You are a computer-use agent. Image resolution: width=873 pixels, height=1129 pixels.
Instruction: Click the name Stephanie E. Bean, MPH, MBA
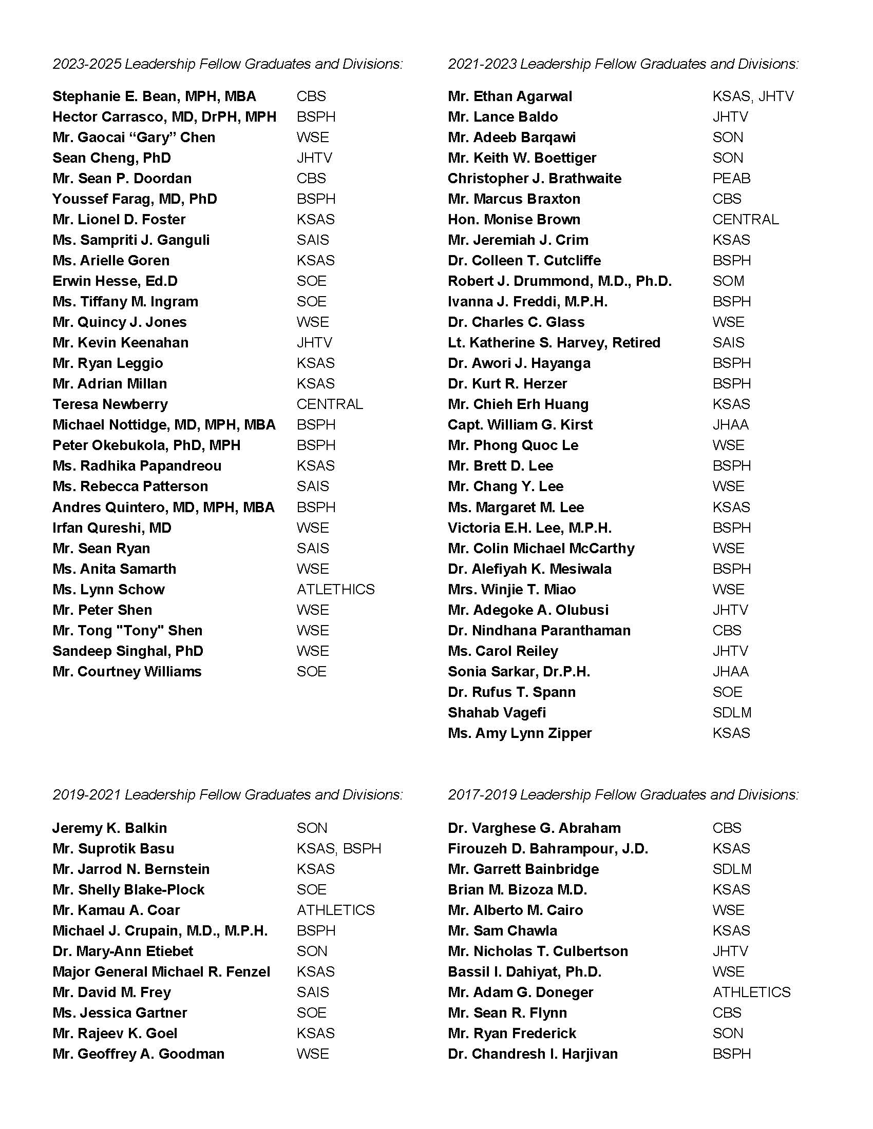[x=154, y=96]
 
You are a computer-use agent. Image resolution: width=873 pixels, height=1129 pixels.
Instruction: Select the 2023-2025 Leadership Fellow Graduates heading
[x=227, y=64]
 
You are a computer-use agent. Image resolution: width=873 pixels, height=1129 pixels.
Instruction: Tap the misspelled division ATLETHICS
[x=336, y=589]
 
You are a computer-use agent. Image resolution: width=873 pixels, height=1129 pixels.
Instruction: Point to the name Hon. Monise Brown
[x=514, y=220]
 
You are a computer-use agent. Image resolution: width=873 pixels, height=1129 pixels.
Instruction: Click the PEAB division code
[x=731, y=179]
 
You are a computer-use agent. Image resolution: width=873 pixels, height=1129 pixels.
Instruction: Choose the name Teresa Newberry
[x=110, y=404]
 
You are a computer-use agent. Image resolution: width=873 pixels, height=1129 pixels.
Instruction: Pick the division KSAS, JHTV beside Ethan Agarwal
[x=753, y=96]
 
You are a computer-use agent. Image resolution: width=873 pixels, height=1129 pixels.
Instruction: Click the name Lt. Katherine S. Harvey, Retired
[x=554, y=343]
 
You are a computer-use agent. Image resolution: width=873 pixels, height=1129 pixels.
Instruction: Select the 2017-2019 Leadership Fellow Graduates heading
[x=623, y=794]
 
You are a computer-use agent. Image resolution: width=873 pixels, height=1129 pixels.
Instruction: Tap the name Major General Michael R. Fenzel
[x=161, y=972]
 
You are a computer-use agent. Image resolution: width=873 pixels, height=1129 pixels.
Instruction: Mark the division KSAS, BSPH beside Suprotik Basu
[x=339, y=849]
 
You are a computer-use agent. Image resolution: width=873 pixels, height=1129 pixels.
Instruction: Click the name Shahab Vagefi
[x=497, y=713]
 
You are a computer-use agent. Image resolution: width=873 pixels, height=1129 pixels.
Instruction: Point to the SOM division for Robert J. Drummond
[x=728, y=281]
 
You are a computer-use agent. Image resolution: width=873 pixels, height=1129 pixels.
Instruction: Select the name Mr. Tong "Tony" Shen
[x=127, y=631]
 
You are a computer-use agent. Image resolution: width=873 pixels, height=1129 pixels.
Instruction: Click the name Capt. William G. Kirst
[x=520, y=425]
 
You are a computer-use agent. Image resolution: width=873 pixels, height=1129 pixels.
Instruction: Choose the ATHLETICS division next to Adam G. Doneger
[x=751, y=992]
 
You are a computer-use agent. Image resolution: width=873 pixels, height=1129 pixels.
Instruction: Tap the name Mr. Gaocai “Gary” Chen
[x=134, y=138]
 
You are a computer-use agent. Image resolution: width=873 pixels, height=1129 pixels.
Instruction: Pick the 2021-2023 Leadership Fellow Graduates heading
[x=623, y=64]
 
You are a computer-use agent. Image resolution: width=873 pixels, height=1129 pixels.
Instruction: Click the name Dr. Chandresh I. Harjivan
[x=533, y=1054]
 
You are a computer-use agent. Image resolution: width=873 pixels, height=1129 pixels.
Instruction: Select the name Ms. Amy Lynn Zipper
[x=520, y=733]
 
